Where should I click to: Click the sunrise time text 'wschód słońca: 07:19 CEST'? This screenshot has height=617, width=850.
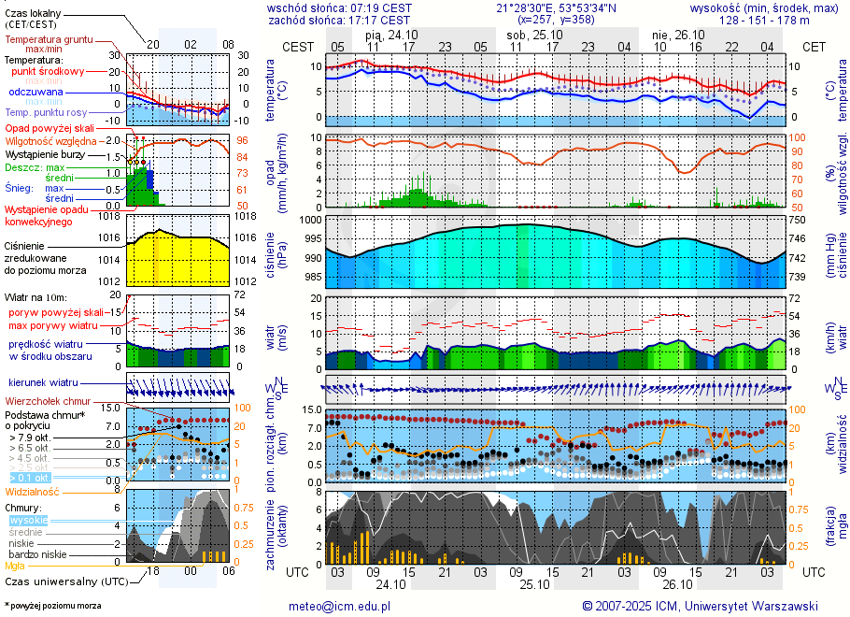pos(338,7)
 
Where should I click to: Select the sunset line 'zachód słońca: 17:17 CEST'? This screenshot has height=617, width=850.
pos(338,19)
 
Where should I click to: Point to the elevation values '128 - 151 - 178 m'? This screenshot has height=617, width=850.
pos(765,19)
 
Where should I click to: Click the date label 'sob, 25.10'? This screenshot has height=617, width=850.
pos(530,35)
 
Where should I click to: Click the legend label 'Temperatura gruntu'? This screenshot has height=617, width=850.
pos(49,40)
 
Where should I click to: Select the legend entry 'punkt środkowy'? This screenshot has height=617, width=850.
pos(49,71)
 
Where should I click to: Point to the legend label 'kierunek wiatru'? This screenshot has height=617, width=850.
pos(43,383)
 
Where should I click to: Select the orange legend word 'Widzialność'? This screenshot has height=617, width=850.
pos(33,491)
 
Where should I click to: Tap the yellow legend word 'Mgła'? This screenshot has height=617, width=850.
pos(15,566)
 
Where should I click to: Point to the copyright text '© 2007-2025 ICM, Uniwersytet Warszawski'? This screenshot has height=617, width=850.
pos(700,606)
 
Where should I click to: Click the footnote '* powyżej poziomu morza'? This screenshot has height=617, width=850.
pos(53,606)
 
